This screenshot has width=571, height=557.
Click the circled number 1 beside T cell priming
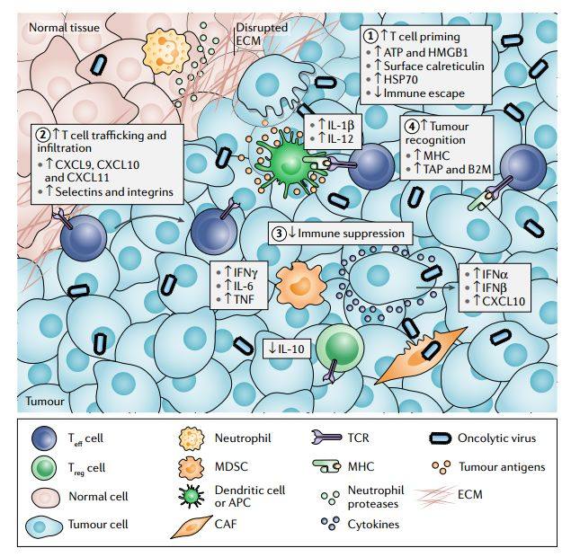pyautogui.click(x=371, y=35)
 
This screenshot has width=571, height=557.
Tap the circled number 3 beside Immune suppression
pyautogui.click(x=281, y=233)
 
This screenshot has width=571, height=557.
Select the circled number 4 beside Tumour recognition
pyautogui.click(x=413, y=125)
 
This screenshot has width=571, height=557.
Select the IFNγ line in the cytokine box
pyautogui.click(x=238, y=270)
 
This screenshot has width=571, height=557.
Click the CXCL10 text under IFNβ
pyautogui.click(x=504, y=303)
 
